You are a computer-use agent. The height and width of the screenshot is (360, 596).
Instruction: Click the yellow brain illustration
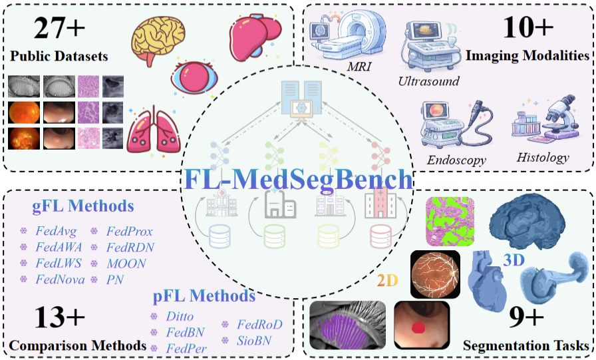(158, 39)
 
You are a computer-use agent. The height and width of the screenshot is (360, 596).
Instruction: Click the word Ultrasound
(428, 81)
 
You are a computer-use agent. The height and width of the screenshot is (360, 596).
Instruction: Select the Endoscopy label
(456, 160)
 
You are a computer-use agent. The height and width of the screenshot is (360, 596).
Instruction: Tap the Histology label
(543, 158)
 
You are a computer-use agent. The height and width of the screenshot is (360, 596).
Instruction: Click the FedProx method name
(130, 232)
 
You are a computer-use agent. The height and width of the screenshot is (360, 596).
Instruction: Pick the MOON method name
(126, 264)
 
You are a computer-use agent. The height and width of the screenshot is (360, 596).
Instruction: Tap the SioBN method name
(255, 339)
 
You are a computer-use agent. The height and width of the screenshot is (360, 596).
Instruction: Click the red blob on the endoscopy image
(418, 326)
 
